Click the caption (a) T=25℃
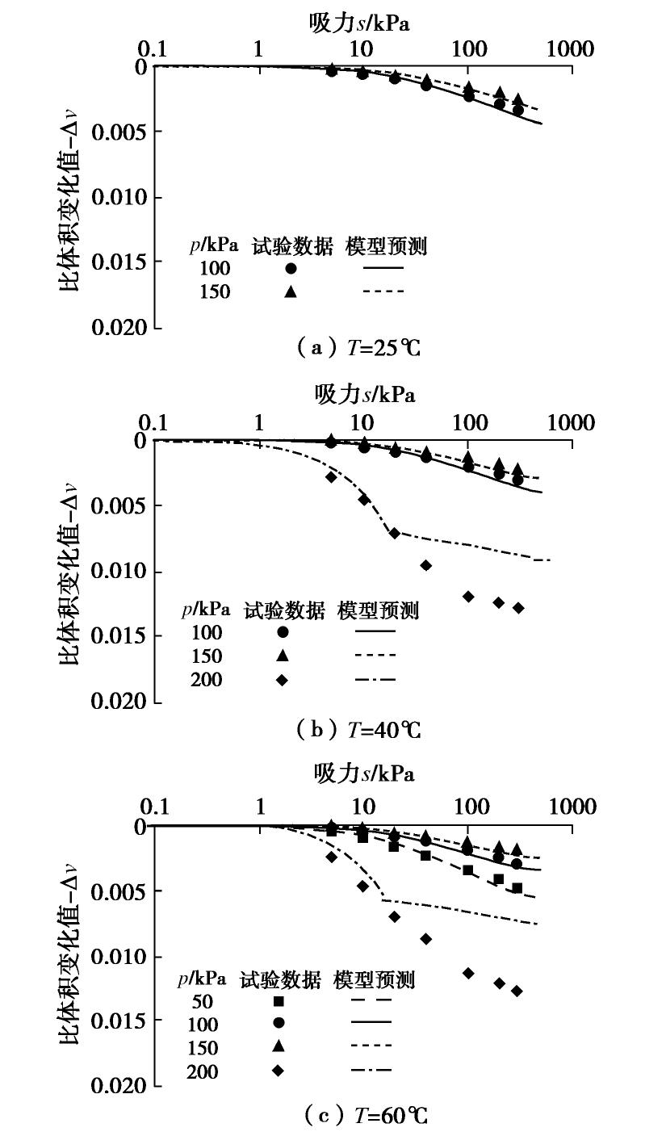click(x=359, y=349)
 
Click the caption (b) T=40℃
click(x=359, y=730)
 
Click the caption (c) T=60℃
click(x=366, y=1116)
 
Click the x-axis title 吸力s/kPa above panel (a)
click(x=359, y=23)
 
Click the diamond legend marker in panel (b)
click(x=282, y=680)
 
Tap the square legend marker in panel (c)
click(x=279, y=1001)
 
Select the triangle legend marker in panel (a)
click(x=291, y=291)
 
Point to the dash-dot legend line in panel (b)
click(x=375, y=680)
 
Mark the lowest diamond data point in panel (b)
click(x=518, y=608)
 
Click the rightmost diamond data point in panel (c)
click(x=517, y=991)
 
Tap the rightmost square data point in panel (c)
click(x=517, y=888)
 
